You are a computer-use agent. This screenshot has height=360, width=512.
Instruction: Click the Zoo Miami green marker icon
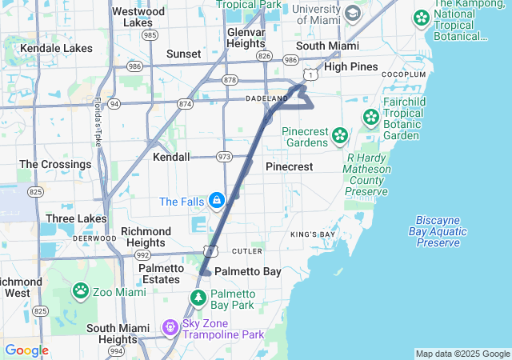[x=81, y=290]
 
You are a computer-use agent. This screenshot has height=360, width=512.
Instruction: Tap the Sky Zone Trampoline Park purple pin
[x=169, y=327]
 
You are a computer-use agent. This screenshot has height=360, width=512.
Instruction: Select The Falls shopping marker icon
[x=216, y=201]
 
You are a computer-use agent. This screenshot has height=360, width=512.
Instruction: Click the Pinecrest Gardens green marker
[x=341, y=135]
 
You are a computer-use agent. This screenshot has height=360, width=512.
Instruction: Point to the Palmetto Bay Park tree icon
[x=198, y=298]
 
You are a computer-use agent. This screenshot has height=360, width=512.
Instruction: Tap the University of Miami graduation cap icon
[x=353, y=14]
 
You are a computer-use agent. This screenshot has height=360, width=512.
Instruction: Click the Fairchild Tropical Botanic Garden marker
[x=371, y=118]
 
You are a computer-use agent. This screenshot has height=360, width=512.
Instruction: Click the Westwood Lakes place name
[x=138, y=17]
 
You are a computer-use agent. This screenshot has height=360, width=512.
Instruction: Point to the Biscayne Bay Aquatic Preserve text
[x=442, y=231]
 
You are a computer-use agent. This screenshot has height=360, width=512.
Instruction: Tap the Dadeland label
[x=266, y=98]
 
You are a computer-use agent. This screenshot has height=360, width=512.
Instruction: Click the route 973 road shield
[x=224, y=157]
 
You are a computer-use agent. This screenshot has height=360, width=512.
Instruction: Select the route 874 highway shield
[x=186, y=104]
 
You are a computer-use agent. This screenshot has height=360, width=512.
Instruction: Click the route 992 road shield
[x=143, y=255]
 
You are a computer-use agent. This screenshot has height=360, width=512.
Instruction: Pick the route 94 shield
[x=114, y=104]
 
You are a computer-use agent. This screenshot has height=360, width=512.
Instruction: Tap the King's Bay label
[x=313, y=234]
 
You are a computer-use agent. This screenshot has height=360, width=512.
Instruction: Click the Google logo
[x=26, y=350]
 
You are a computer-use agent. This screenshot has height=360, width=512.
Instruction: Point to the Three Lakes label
[x=76, y=218]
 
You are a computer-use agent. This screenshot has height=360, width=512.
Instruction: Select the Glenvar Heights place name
[x=246, y=38]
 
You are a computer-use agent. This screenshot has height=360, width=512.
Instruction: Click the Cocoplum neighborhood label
[x=403, y=74]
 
